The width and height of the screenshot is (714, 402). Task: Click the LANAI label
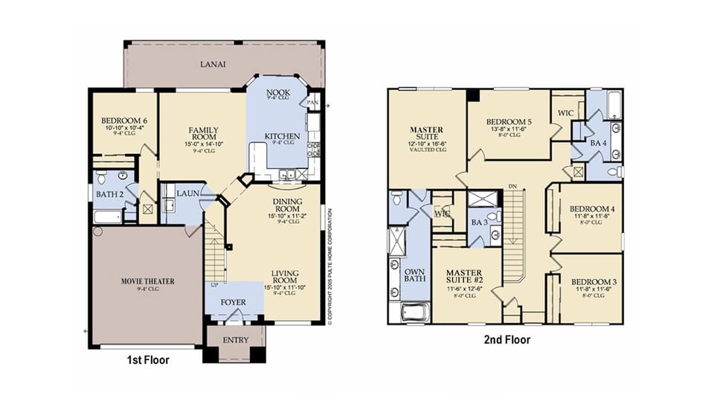click(213, 64)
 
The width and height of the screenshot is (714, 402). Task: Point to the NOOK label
click(267, 93)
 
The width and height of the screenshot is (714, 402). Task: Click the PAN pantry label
click(312, 102)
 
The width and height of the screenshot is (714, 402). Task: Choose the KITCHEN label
click(283, 136)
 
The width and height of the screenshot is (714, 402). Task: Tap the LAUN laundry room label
click(187, 193)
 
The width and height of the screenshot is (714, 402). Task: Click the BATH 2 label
click(109, 195)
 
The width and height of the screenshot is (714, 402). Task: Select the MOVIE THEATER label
click(147, 281)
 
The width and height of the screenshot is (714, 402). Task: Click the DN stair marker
click(512, 185)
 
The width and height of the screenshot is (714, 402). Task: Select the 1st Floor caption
click(147, 360)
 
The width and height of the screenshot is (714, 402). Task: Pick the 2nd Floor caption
click(506, 340)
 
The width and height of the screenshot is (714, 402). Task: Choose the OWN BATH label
click(414, 276)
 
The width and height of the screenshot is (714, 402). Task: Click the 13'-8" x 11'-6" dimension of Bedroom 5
click(509, 130)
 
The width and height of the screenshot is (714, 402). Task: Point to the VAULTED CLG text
click(426, 150)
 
